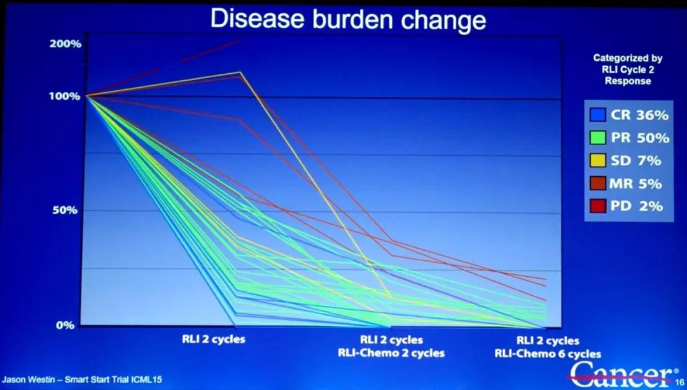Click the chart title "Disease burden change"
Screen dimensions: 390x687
click(348, 19)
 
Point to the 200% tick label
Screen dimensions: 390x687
click(66, 44)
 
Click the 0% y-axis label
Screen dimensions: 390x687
click(66, 325)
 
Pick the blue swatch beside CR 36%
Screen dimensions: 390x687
click(597, 115)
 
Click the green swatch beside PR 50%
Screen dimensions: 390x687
click(597, 138)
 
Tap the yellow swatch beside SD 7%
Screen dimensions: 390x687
click(597, 161)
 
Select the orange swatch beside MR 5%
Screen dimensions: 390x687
click(597, 184)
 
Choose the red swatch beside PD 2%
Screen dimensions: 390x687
click(597, 206)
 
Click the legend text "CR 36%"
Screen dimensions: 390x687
click(639, 115)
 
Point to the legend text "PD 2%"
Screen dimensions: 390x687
click(637, 206)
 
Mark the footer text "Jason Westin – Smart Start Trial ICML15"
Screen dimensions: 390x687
click(81, 380)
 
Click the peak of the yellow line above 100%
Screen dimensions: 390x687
click(239, 73)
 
